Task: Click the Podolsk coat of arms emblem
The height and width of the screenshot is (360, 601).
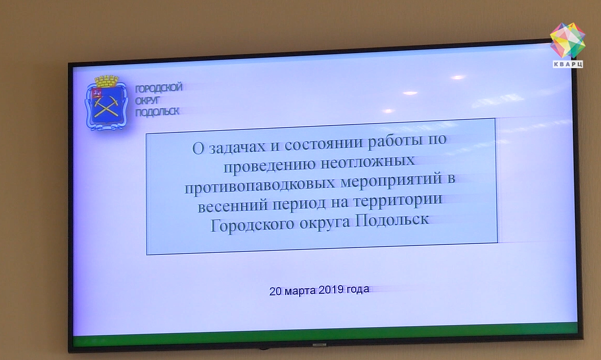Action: point(106,103)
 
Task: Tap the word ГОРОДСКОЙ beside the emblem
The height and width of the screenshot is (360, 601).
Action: point(158,88)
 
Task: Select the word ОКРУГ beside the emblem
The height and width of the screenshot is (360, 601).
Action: point(147,101)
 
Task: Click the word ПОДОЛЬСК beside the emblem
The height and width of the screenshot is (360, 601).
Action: point(157,112)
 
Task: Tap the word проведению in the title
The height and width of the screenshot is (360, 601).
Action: point(269,166)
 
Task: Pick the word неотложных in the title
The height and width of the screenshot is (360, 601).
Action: point(367,162)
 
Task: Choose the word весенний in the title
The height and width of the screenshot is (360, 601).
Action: point(232,206)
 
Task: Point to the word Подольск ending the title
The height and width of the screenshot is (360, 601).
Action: point(392,220)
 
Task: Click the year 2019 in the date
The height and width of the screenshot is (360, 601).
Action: point(331,290)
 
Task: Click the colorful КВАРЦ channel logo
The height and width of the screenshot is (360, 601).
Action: point(568,45)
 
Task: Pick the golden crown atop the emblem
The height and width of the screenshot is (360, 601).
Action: point(106,81)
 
